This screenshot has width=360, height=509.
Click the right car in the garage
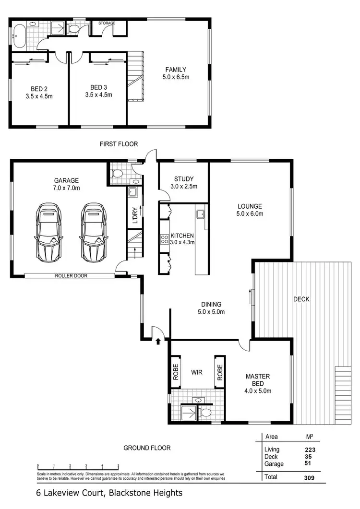point(93,231)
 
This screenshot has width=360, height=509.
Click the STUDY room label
point(183,179)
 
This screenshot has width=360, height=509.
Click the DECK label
point(301,299)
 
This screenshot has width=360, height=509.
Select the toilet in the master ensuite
point(205,412)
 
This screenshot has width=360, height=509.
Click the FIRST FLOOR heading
point(119,144)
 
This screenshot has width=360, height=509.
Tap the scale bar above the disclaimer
point(78,466)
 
